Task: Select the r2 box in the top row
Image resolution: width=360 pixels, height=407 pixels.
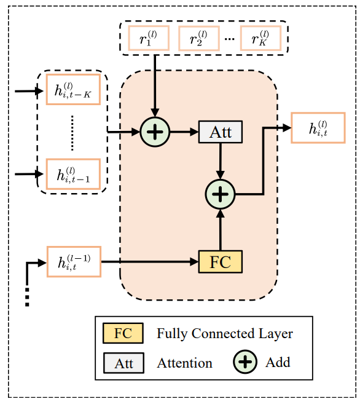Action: tap(199, 39)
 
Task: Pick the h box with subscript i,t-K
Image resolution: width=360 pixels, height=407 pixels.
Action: tap(73, 92)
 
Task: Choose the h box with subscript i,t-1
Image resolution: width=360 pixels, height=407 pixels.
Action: tap(73, 174)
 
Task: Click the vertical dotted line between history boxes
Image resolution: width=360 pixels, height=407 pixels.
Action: tap(72, 133)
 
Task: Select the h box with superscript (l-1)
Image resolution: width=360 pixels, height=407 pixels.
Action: tap(73, 262)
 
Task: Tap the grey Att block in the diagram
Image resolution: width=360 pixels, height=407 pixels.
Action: tap(221, 132)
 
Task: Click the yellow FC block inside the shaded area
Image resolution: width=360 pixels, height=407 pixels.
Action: tap(221, 262)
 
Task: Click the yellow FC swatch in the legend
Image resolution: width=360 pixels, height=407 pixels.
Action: tap(123, 333)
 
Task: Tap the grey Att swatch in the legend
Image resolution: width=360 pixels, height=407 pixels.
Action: tap(123, 363)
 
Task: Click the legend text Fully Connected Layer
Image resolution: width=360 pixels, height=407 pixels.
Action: tap(225, 334)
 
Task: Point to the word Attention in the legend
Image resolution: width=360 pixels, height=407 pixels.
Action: tap(184, 363)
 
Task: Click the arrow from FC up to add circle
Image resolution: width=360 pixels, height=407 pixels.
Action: tap(221, 230)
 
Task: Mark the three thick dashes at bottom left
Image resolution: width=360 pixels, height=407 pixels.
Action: tap(27, 296)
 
